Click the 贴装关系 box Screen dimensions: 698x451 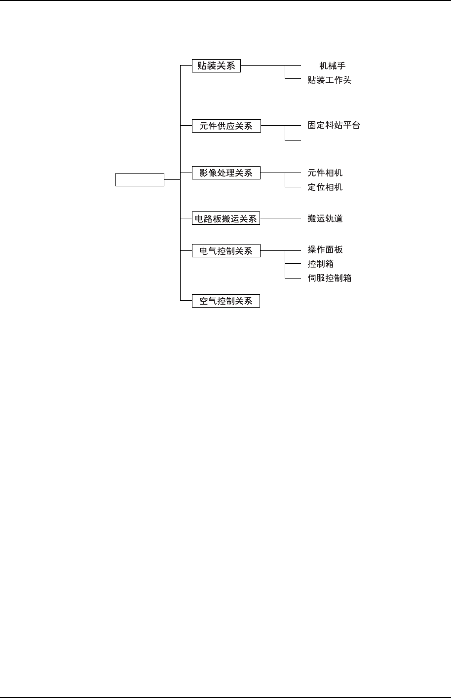216,66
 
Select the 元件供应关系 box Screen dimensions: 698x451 226,126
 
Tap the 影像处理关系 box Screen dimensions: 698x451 226,173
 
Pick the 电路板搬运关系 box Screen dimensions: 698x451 226,218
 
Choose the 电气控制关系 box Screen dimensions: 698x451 226,251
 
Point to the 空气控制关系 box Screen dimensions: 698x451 226,301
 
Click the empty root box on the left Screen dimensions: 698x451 140,179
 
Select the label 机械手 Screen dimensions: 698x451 332,66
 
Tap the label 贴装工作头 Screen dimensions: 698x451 329,79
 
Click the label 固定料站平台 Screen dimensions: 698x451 334,125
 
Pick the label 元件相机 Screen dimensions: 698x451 325,173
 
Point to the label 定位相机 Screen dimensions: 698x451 325,187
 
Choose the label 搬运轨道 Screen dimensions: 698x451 325,218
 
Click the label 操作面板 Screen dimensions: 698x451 325,250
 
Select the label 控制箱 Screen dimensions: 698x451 321,264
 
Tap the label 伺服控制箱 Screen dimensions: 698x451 329,278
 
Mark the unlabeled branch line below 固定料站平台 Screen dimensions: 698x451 293,140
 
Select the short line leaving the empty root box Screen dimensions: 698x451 172,179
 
